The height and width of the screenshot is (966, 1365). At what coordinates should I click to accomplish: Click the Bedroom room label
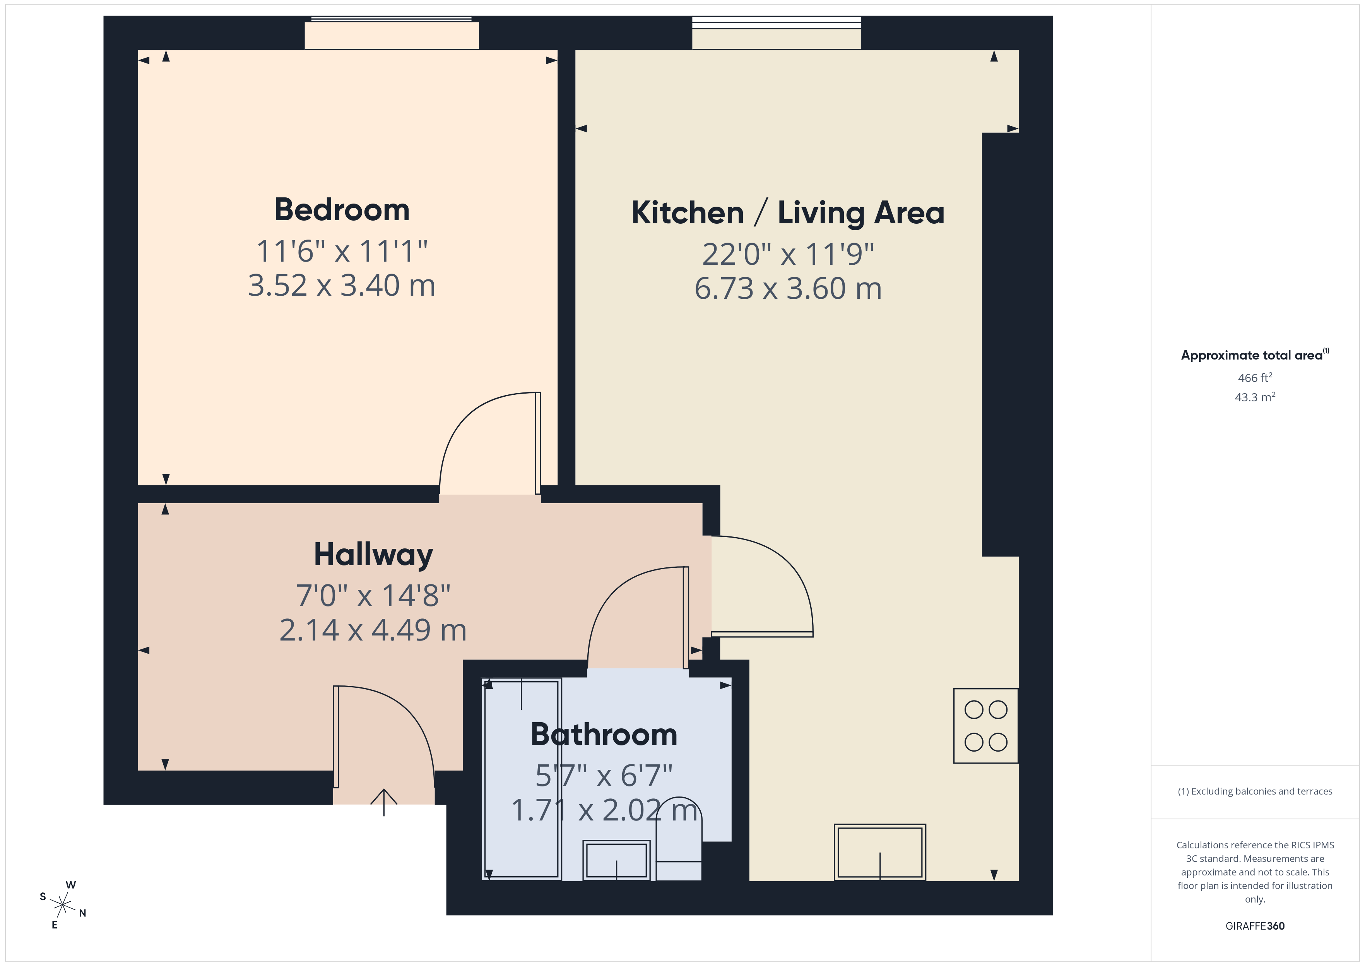tap(342, 210)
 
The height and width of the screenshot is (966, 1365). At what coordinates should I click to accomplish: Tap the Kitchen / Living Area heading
tap(788, 213)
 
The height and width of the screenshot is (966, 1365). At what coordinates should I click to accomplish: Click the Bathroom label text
tap(604, 735)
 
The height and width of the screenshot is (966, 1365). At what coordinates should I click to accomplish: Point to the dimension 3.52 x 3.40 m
tap(342, 286)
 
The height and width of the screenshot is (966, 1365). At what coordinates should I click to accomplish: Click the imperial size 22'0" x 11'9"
tap(788, 255)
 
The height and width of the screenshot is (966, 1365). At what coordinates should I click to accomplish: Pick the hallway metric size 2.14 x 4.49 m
tap(373, 630)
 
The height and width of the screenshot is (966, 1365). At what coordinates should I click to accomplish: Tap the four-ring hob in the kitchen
tap(985, 726)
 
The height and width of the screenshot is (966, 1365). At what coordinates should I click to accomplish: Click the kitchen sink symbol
tap(879, 852)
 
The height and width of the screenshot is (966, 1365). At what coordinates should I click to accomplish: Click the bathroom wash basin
tap(616, 860)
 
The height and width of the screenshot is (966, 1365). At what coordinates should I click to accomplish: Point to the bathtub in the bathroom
tap(522, 779)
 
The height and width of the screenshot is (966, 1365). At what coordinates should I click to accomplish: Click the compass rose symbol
tap(62, 905)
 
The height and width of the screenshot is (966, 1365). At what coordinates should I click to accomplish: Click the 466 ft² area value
tap(1254, 378)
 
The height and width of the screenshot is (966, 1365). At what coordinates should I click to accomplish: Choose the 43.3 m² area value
tap(1254, 397)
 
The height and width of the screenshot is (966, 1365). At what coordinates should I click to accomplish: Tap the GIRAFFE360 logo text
tap(1254, 926)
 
